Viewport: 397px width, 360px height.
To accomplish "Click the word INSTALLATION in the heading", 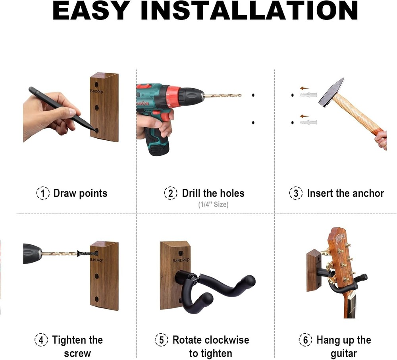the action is [x=249, y=11].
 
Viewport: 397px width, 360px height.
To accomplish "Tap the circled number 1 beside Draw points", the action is [x=42, y=193].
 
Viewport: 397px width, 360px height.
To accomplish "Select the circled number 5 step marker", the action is [x=161, y=340].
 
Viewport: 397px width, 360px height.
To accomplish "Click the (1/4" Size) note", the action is [x=213, y=205].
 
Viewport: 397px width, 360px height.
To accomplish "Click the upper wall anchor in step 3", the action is [x=308, y=95].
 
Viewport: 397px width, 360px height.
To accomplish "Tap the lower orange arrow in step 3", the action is [x=304, y=116].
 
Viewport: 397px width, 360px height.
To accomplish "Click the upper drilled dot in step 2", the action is [x=253, y=95].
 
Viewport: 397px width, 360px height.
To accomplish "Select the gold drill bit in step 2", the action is [x=223, y=95].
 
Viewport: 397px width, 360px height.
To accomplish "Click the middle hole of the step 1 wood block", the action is [x=96, y=108].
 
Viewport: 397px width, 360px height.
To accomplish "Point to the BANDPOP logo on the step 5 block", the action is [x=181, y=260].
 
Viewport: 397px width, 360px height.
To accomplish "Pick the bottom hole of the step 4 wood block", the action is [x=96, y=299].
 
